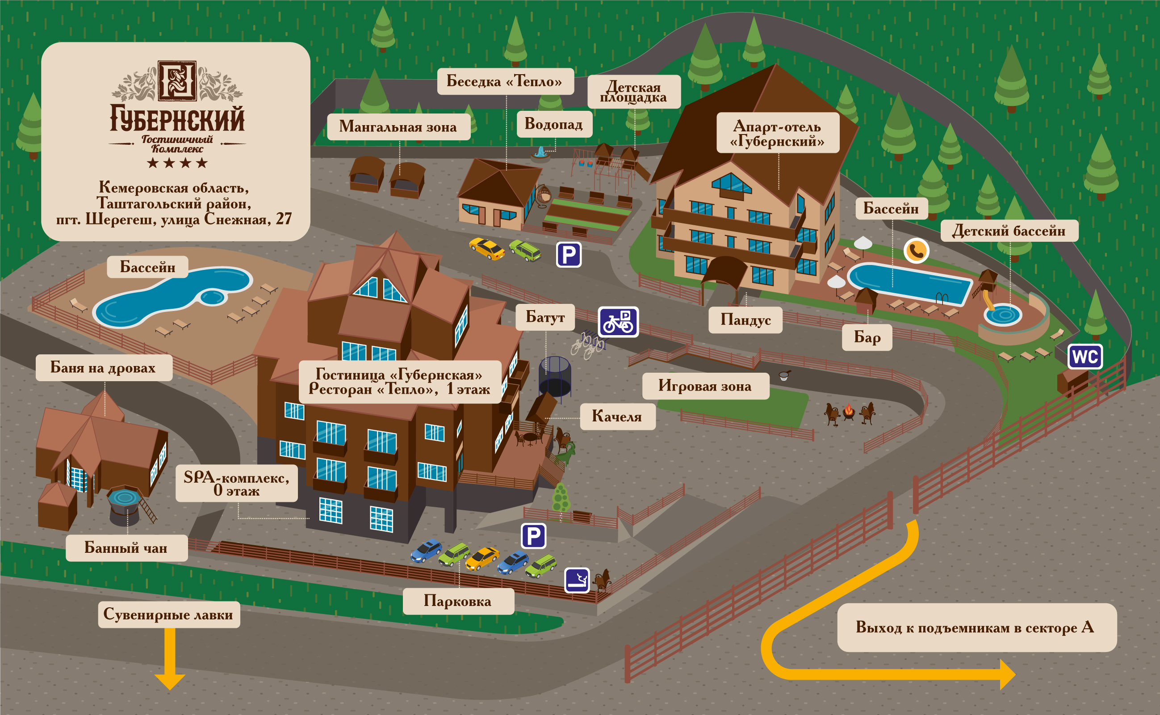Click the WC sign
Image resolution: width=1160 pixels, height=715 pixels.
coord(1085,357)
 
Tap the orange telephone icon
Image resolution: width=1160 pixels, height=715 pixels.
coord(916,251)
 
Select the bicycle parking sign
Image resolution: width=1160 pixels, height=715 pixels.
coord(618,322)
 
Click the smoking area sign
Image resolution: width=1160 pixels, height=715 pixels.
coord(577,580)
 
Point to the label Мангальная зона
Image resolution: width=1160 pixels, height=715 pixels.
coord(398,127)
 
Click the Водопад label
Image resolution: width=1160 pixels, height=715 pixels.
coord(554,124)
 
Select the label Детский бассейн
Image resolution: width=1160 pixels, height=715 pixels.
coord(1009,231)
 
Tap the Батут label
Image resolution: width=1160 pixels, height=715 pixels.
coord(545,317)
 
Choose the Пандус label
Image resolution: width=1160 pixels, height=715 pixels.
coord(745,320)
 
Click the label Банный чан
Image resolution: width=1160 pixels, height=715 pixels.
coord(126,548)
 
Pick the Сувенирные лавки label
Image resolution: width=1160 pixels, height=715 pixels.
coord(169,615)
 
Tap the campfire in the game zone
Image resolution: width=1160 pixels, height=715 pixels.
coord(850,412)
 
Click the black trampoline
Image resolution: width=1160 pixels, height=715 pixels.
coord(555,376)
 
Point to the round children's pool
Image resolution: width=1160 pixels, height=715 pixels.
coord(1003,315)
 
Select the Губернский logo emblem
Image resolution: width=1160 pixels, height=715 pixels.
coord(177,81)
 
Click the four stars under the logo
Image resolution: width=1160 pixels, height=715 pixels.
coord(177,163)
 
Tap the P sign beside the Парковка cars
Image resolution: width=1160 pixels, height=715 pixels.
coord(534,536)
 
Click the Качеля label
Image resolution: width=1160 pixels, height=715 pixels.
coord(617,416)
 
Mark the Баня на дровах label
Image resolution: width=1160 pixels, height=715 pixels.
coord(104,368)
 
